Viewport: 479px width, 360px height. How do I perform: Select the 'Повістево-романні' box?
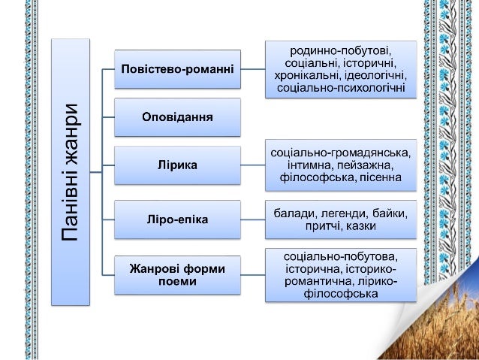pos(178,69)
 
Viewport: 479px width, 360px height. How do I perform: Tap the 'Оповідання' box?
pos(178,117)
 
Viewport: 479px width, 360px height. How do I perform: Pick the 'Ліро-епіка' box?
pos(178,219)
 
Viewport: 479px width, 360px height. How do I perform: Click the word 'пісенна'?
pos(381,177)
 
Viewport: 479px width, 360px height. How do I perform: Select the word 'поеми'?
pos(178,282)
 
